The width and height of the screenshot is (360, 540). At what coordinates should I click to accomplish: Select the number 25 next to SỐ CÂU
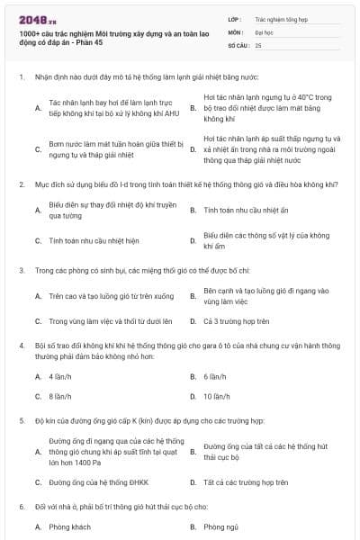pyautogui.click(x=258, y=44)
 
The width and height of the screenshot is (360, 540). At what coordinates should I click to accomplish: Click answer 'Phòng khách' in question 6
pyautogui.click(x=70, y=526)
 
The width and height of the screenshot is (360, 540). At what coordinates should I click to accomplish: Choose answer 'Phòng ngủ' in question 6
pyautogui.click(x=221, y=526)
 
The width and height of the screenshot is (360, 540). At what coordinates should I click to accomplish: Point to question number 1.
pyautogui.click(x=21, y=77)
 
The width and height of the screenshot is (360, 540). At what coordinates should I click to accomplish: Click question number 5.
pyautogui.click(x=21, y=420)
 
